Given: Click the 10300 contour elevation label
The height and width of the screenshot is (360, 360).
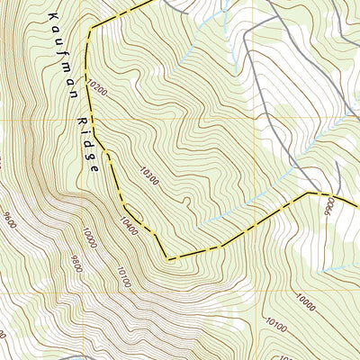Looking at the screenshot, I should [x=149, y=173].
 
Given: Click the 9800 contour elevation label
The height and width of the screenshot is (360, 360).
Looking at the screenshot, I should [x=74, y=261].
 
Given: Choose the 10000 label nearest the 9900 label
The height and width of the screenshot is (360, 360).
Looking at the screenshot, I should [x=307, y=303].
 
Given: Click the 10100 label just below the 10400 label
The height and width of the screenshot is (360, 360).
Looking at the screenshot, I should [x=123, y=275].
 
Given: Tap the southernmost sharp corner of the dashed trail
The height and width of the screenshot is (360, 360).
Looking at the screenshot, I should [x=168, y=259].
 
